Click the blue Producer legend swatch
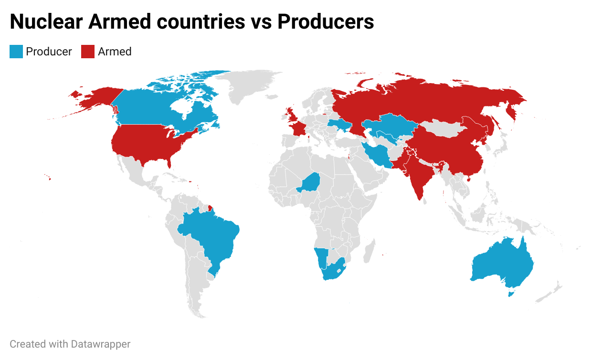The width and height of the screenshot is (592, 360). point(16,52)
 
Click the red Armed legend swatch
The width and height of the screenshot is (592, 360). point(88,52)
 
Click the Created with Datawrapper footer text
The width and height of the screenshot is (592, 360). point(70,344)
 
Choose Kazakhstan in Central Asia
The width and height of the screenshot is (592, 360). point(389,126)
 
